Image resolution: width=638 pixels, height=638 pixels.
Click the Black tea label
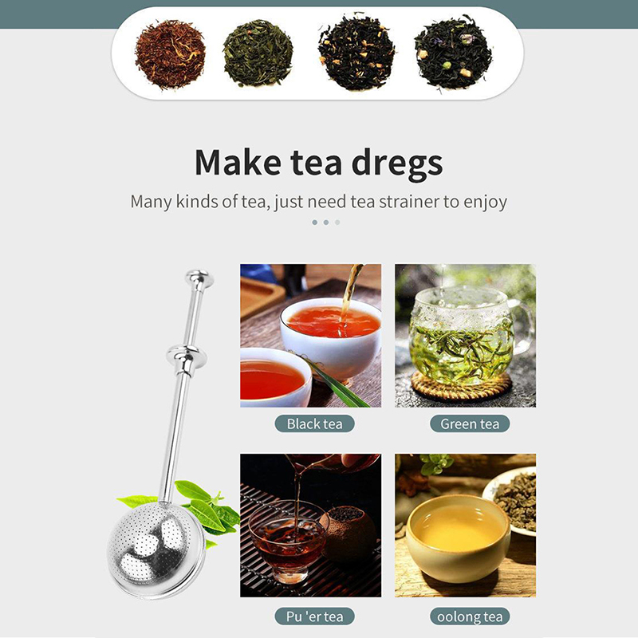pos(314,423)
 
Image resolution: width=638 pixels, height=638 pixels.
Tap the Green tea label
pos(470,423)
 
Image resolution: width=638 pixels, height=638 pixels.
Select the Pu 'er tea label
pos(314,616)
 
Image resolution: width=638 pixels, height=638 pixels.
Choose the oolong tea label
pos(470,616)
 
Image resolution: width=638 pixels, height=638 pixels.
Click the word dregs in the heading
pos(396,163)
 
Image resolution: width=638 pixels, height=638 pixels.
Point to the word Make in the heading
pos(238,162)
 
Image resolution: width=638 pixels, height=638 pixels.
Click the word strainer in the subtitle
pos(409,202)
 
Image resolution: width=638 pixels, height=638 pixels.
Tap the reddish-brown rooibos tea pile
pos(170,53)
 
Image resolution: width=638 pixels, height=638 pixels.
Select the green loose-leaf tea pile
pos(258,53)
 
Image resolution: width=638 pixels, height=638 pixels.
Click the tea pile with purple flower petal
pos(453,52)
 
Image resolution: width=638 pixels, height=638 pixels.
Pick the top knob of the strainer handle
pos(199,278)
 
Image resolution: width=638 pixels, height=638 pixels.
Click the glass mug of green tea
pos(468,336)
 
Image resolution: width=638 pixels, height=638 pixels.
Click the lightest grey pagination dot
pos(337,223)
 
